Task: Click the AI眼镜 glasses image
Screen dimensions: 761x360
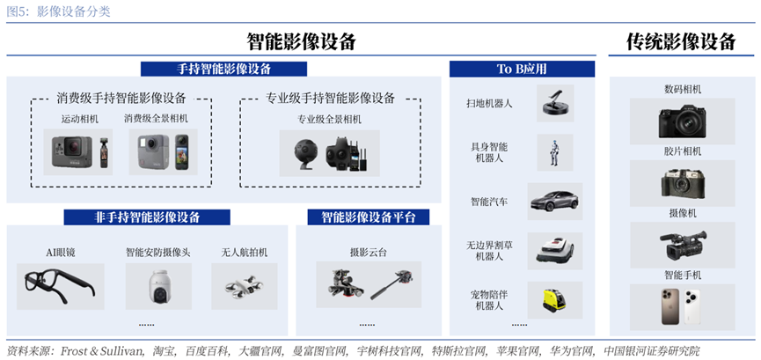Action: pyautogui.click(x=60, y=286)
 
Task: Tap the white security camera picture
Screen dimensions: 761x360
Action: pyautogui.click(x=158, y=287)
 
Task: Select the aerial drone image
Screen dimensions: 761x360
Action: pyautogui.click(x=244, y=286)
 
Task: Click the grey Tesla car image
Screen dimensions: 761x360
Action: pyautogui.click(x=554, y=202)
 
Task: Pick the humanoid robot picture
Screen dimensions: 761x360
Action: pyautogui.click(x=554, y=152)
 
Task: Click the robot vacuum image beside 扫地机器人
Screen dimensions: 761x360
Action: pyautogui.click(x=555, y=102)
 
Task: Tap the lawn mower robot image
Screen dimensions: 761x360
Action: pyautogui.click(x=555, y=251)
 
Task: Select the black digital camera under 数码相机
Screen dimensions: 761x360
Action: pyautogui.click(x=682, y=121)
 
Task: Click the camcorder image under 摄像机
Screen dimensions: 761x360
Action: pyautogui.click(x=682, y=245)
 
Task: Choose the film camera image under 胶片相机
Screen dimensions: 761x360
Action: pyautogui.click(x=682, y=183)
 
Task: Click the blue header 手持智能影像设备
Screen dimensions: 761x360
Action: pyautogui.click(x=223, y=69)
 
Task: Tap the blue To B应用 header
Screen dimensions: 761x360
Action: pyautogui.click(x=522, y=69)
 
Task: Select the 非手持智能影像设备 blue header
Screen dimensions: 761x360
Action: pyautogui.click(x=147, y=217)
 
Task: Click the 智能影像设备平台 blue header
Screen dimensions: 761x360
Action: pyautogui.click(x=369, y=217)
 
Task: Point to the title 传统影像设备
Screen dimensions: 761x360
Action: pyautogui.click(x=682, y=41)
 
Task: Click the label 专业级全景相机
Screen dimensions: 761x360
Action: pyautogui.click(x=329, y=119)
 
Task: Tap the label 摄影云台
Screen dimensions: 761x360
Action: pyautogui.click(x=369, y=252)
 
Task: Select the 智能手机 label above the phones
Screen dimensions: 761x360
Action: pyautogui.click(x=683, y=275)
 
